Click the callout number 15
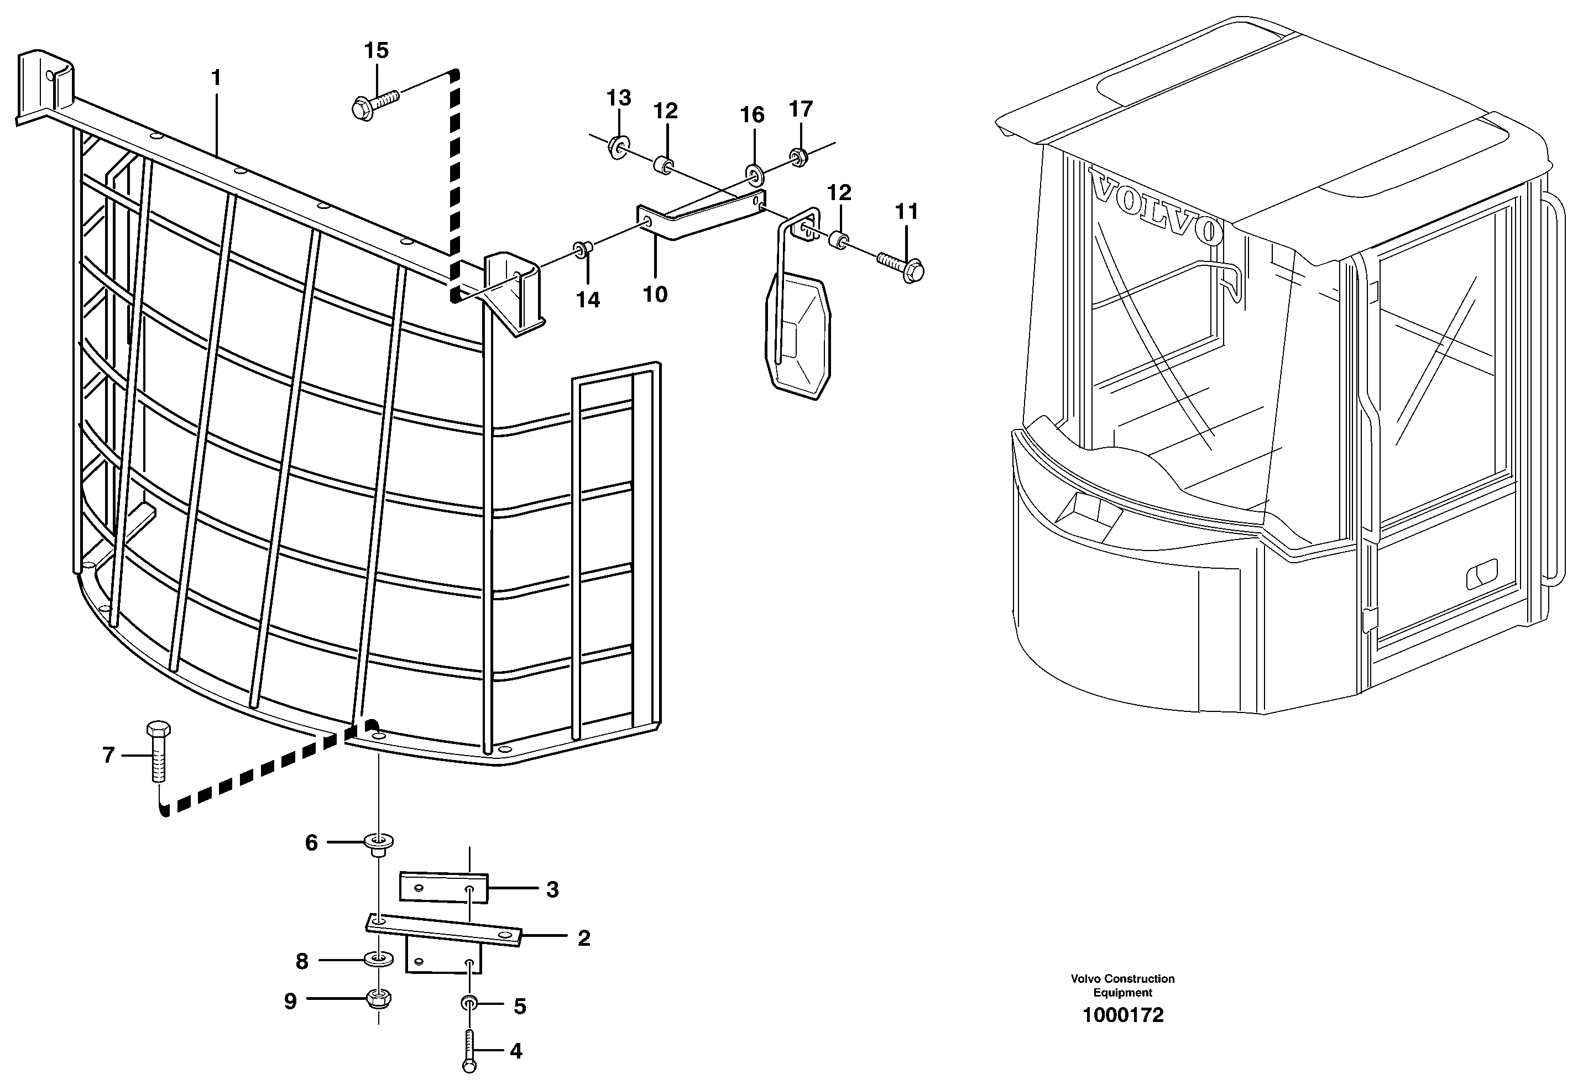coord(376,50)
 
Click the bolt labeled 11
coord(901,266)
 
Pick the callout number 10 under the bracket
coord(655,295)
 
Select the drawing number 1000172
coord(1122,1015)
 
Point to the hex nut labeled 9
coord(379,999)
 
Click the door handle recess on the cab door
coord(1482,574)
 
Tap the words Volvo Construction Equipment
coord(1122,985)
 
